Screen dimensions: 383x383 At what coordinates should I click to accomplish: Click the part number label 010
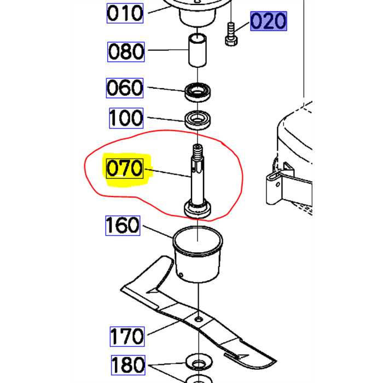point(125,14)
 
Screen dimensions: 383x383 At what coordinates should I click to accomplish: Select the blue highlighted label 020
point(269,21)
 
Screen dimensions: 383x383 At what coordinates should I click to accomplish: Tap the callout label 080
point(126,52)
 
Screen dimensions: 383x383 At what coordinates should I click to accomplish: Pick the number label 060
point(125,88)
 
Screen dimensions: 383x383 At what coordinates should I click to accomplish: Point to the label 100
point(126,118)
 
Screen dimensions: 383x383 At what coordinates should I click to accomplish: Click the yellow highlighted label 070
point(125,169)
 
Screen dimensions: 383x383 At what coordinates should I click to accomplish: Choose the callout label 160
point(123,225)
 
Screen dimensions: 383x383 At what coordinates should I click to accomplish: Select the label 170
point(127,336)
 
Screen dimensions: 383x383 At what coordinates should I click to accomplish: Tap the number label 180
point(128,365)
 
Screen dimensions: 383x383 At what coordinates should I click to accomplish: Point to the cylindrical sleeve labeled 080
point(197,50)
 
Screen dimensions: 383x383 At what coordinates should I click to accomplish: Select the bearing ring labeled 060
point(198,92)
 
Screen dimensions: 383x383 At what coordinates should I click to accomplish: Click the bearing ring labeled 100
point(198,120)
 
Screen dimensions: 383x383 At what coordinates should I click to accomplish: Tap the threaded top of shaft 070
point(198,151)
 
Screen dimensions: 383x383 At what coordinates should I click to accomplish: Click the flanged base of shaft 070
point(198,208)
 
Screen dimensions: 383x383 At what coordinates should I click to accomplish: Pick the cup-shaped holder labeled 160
point(198,254)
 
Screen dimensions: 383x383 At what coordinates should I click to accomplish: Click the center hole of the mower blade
point(198,319)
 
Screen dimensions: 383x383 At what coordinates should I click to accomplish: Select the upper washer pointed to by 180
point(199,362)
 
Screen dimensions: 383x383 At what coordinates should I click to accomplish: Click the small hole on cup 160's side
point(181,275)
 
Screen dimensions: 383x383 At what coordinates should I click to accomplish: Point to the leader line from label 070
point(168,173)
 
